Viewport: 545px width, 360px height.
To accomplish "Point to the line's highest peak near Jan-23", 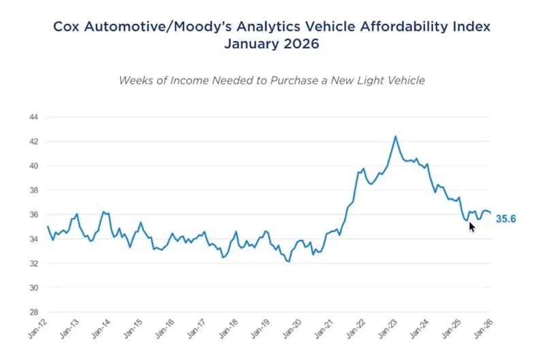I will (x=396, y=136).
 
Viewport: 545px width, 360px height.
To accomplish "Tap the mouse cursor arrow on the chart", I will (x=472, y=226).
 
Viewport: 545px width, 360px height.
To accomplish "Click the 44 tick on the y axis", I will (x=33, y=117).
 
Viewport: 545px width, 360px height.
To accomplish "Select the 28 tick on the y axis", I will (x=33, y=312).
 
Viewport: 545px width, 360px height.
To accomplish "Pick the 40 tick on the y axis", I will (x=33, y=166).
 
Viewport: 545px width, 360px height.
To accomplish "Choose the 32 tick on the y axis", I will (x=33, y=263).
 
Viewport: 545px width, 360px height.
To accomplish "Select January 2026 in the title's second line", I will (x=272, y=46).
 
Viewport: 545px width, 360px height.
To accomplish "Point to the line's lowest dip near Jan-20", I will (x=289, y=261).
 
